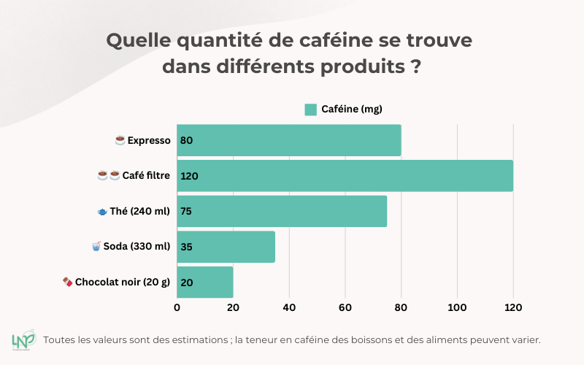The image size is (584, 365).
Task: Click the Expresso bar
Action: pyautogui.click(x=289, y=140)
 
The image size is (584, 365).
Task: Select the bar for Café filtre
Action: pyautogui.click(x=345, y=176)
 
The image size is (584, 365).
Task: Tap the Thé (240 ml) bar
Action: pyautogui.click(x=282, y=212)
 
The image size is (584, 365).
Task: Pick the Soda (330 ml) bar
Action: pyautogui.click(x=226, y=247)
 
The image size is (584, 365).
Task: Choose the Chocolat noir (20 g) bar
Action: pyautogui.click(x=205, y=282)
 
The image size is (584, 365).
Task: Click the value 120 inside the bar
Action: pyautogui.click(x=189, y=176)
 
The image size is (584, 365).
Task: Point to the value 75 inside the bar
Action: pyautogui.click(x=186, y=212)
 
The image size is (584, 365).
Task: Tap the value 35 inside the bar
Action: pyautogui.click(x=186, y=247)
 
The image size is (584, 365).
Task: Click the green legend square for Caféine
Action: pyautogui.click(x=310, y=109)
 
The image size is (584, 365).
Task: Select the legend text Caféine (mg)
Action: pyautogui.click(x=352, y=109)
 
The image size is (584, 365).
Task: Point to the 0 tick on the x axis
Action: pyautogui.click(x=177, y=308)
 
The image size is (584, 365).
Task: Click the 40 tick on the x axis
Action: pyautogui.click(x=289, y=308)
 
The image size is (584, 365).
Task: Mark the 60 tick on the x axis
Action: pyautogui.click(x=345, y=308)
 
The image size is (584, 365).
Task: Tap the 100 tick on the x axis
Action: pyautogui.click(x=457, y=308)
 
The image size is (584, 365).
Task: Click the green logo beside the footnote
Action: pyautogui.click(x=24, y=341)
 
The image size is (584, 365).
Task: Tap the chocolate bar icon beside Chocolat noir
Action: pyautogui.click(x=67, y=282)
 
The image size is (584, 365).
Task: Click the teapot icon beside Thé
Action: pyautogui.click(x=102, y=212)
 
